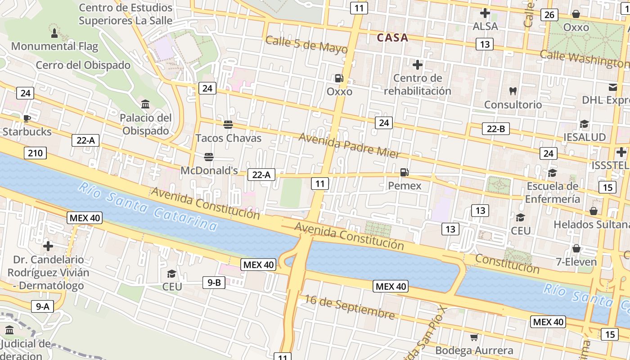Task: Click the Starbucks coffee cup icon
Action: point(27,118)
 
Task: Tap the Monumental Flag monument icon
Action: point(54,33)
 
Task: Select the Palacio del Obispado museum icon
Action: point(145,104)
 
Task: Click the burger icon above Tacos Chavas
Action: point(228,124)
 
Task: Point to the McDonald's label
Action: point(209,171)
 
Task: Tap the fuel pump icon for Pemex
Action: point(405,172)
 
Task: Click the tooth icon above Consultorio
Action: point(512,91)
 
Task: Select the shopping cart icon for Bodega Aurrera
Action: point(474,337)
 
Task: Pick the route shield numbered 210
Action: point(35,153)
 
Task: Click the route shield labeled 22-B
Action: point(496,129)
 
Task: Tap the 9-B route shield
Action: point(214,283)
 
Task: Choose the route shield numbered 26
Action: point(549,15)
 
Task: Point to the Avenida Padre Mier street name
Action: point(349,145)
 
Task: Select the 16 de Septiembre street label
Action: point(350,306)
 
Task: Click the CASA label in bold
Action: point(392,38)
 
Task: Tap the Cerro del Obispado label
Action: point(83,65)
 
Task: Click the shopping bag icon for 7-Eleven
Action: point(576,248)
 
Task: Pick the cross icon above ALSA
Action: point(485,13)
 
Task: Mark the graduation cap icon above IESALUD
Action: point(584,124)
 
